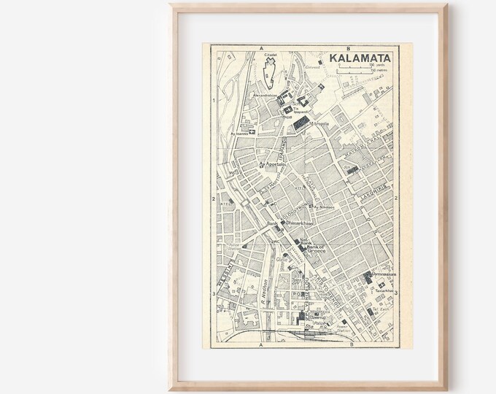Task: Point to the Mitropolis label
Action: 324,123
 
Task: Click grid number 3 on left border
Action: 211,294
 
